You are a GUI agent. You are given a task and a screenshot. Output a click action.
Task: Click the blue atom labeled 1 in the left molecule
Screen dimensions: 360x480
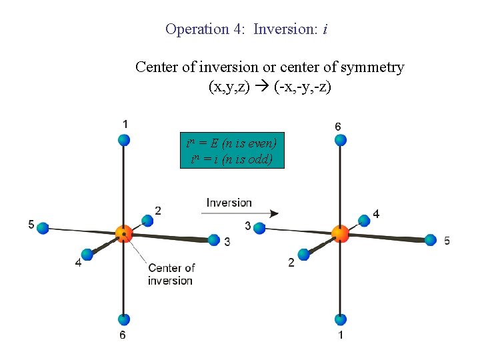point(123,139)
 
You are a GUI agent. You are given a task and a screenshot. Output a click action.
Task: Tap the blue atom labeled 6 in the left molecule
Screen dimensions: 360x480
point(123,319)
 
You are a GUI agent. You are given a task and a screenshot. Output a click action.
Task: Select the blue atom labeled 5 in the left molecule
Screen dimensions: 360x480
point(43,228)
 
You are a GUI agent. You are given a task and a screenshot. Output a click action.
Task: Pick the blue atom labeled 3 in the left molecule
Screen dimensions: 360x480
point(214,240)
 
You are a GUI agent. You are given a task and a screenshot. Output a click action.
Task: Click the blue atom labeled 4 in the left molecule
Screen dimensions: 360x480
point(87,254)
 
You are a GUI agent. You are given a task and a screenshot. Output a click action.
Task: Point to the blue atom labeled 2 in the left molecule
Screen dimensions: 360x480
point(148,220)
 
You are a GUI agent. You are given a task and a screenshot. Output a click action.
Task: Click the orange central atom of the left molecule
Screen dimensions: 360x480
point(123,233)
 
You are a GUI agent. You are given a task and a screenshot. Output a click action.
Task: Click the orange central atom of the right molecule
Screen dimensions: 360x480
point(340,233)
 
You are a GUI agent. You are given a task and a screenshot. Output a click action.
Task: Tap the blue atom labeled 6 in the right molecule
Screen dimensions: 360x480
point(340,139)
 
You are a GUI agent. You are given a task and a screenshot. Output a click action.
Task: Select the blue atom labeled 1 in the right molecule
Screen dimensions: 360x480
point(340,319)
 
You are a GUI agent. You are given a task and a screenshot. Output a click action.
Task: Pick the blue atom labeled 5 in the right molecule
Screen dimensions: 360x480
point(431,240)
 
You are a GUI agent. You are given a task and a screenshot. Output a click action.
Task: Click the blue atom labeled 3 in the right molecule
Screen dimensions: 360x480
point(260,228)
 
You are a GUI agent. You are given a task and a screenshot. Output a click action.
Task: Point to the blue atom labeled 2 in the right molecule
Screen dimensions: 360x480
point(304,254)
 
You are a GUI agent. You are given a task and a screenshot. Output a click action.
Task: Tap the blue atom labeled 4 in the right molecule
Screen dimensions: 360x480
point(364,220)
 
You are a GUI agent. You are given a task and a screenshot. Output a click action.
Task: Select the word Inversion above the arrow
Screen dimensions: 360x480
point(229,203)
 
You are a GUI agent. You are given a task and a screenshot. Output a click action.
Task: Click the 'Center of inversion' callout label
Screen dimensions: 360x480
point(171,274)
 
